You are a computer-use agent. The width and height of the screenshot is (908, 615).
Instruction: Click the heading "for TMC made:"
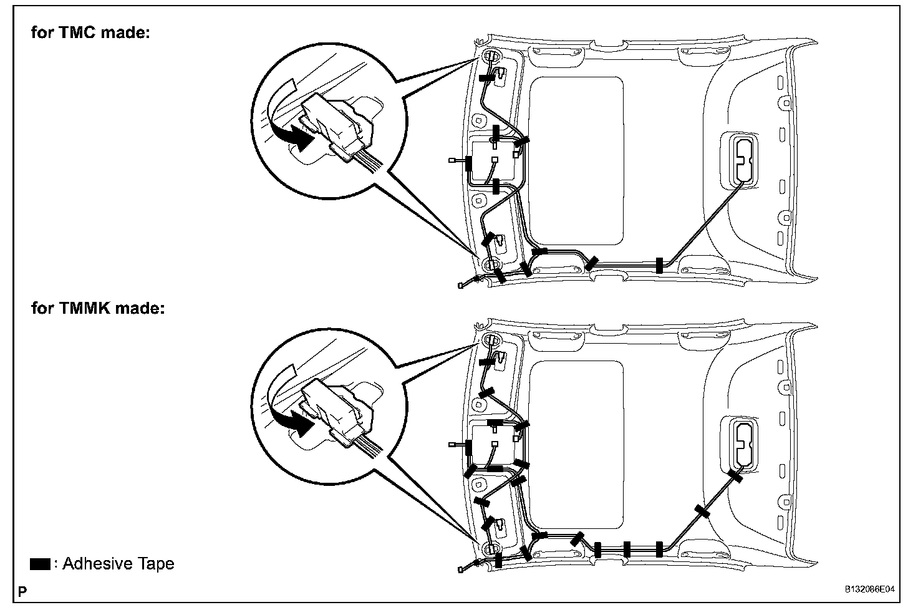pos(90,32)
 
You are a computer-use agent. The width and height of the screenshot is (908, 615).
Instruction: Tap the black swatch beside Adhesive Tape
pos(40,564)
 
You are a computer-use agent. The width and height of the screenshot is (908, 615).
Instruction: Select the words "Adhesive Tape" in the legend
pos(118,564)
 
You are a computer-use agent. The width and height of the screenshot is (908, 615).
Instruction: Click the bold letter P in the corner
pos(22,591)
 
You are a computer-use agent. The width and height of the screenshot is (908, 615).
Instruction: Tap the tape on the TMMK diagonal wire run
pos(703,512)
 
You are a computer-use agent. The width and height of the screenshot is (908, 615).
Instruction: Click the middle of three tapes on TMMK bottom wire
pos(627,550)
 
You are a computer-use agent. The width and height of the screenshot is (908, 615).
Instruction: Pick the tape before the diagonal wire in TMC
pos(659,266)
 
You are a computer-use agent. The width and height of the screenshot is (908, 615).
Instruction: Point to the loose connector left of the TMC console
pos(452,160)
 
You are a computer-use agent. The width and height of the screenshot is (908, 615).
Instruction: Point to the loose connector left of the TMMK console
pos(452,445)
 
